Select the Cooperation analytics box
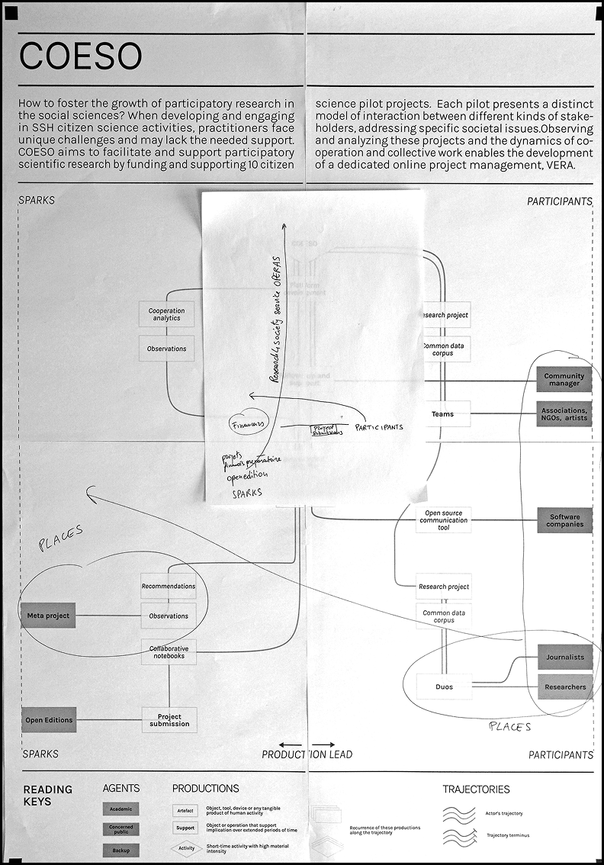166,314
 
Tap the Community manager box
564,379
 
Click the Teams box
443,414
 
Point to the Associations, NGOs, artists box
564,414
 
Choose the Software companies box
564,520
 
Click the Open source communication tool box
443,520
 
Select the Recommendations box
168,587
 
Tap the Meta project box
48,616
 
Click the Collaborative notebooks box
167,651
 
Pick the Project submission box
169,720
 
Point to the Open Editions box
49,720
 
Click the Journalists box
564,657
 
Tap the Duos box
443,687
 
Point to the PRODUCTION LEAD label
307,754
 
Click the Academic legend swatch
120,809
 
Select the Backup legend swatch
120,850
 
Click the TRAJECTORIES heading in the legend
476,789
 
